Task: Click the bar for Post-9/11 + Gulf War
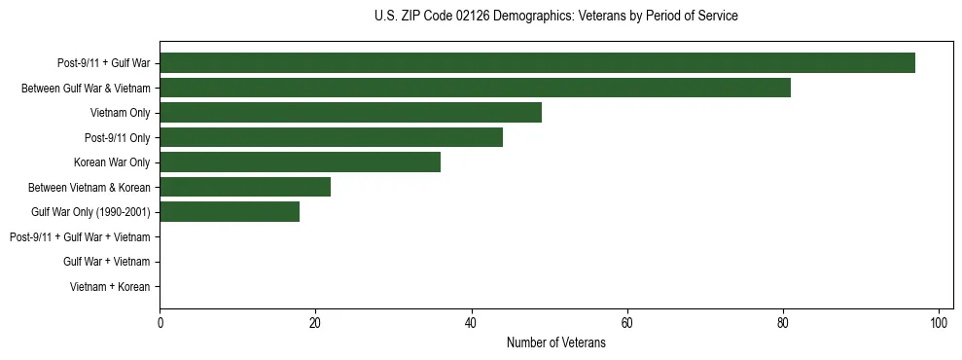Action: click(537, 63)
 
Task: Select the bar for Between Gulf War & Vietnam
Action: click(475, 88)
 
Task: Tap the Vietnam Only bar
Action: click(350, 113)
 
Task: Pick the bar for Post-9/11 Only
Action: click(331, 137)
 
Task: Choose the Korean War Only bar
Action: click(300, 162)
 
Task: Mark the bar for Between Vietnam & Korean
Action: click(245, 187)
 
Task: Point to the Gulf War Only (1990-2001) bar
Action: click(230, 212)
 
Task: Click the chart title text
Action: click(555, 17)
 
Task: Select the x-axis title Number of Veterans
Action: click(555, 343)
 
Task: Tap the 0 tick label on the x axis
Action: click(160, 323)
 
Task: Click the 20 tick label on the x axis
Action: click(316, 323)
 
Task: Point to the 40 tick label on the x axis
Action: click(472, 323)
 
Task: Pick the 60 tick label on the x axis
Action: click(627, 323)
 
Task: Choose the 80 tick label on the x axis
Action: click(783, 323)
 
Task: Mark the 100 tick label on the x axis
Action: click(939, 323)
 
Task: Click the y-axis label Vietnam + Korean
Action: click(110, 287)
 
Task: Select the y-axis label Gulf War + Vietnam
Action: click(106, 262)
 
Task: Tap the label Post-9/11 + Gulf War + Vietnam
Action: click(80, 237)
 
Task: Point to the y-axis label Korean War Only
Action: click(112, 162)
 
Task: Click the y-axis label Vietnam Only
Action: click(120, 113)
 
